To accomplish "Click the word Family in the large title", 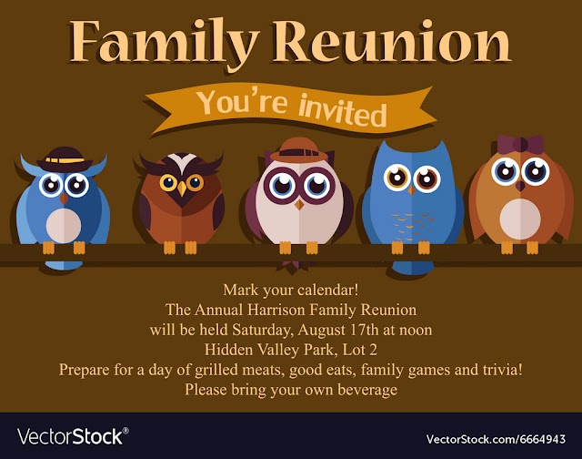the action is click(164, 43).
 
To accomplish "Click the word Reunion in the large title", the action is click(392, 41).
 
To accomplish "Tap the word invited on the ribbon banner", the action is click(343, 110).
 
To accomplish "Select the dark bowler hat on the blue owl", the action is click(65, 159).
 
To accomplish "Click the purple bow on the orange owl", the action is click(520, 145).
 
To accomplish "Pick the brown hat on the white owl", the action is click(299, 150).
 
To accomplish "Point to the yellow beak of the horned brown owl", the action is click(182, 188).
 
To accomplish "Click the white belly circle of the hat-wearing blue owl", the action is click(64, 226).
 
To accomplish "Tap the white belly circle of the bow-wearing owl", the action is click(520, 219).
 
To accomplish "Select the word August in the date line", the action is click(321, 330).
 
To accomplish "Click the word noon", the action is click(415, 331).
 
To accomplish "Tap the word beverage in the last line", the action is click(367, 390).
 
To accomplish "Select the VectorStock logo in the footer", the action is click(73, 436).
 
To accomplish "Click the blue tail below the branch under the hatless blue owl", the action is click(412, 268).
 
